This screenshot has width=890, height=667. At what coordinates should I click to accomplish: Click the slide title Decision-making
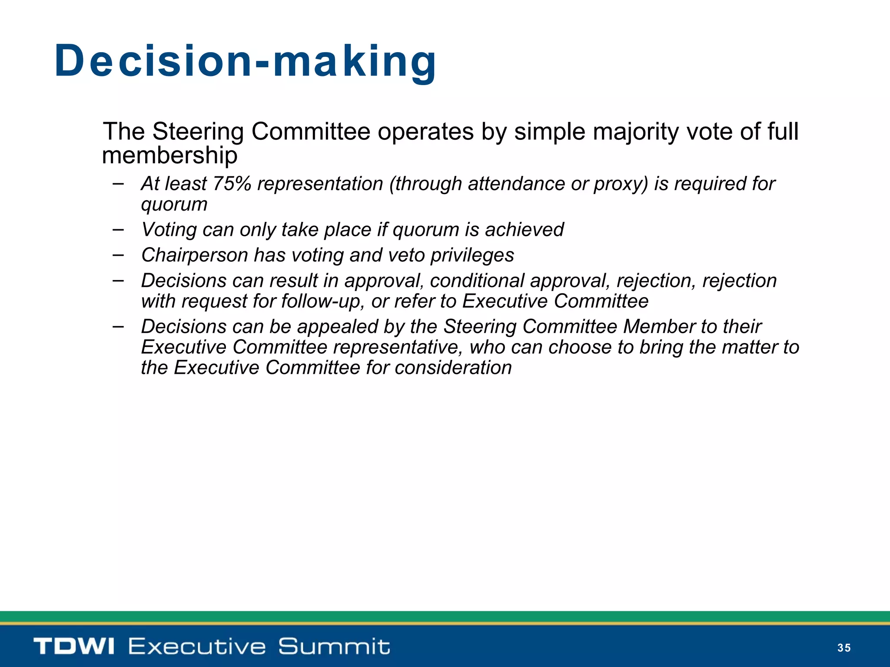click(245, 61)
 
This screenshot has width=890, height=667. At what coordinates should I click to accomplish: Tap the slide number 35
click(844, 648)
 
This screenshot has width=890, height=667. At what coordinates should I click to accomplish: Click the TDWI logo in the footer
click(74, 646)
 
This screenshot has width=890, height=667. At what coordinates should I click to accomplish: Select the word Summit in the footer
click(334, 646)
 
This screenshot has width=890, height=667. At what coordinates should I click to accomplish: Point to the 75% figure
click(232, 184)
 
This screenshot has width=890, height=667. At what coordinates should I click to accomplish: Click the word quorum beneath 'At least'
click(174, 204)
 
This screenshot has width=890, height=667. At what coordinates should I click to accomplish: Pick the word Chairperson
click(195, 255)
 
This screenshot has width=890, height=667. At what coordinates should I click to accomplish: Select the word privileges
click(472, 256)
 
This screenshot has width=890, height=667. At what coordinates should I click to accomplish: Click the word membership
click(169, 155)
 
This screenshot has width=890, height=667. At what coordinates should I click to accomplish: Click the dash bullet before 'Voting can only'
click(118, 228)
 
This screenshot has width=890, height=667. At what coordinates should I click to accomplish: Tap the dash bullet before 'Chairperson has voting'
click(118, 254)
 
